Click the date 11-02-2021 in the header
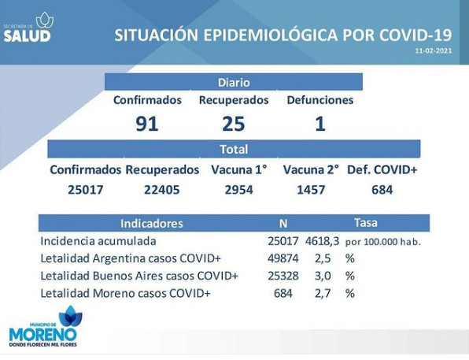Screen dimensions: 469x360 pyautogui.click(x=434, y=50)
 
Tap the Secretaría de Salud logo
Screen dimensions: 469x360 pyautogui.click(x=28, y=27)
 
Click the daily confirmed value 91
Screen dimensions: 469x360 pyautogui.click(x=146, y=124)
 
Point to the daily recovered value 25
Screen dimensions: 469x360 pyautogui.click(x=234, y=124)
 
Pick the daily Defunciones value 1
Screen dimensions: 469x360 pyautogui.click(x=320, y=124)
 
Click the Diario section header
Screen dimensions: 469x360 pyautogui.click(x=234, y=83)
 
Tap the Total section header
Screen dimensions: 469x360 pyautogui.click(x=234, y=149)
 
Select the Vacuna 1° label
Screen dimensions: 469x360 pyautogui.click(x=239, y=169)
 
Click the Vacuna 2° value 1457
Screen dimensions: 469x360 pyautogui.click(x=311, y=190)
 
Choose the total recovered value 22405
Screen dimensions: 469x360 pyautogui.click(x=162, y=190)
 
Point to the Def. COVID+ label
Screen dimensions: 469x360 pyautogui.click(x=382, y=169)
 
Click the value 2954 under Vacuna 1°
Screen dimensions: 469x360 pyautogui.click(x=239, y=190)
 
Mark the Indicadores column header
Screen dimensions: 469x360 pyautogui.click(x=152, y=224)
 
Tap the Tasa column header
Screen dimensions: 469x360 pyautogui.click(x=365, y=223)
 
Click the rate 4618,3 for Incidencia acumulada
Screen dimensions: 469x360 pyautogui.click(x=322, y=241)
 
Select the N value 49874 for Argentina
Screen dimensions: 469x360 pyautogui.click(x=283, y=258)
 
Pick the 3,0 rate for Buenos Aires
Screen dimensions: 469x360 pyautogui.click(x=323, y=276)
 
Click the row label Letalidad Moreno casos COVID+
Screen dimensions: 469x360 pyautogui.click(x=125, y=293)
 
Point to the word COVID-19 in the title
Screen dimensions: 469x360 pyautogui.click(x=415, y=35)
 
